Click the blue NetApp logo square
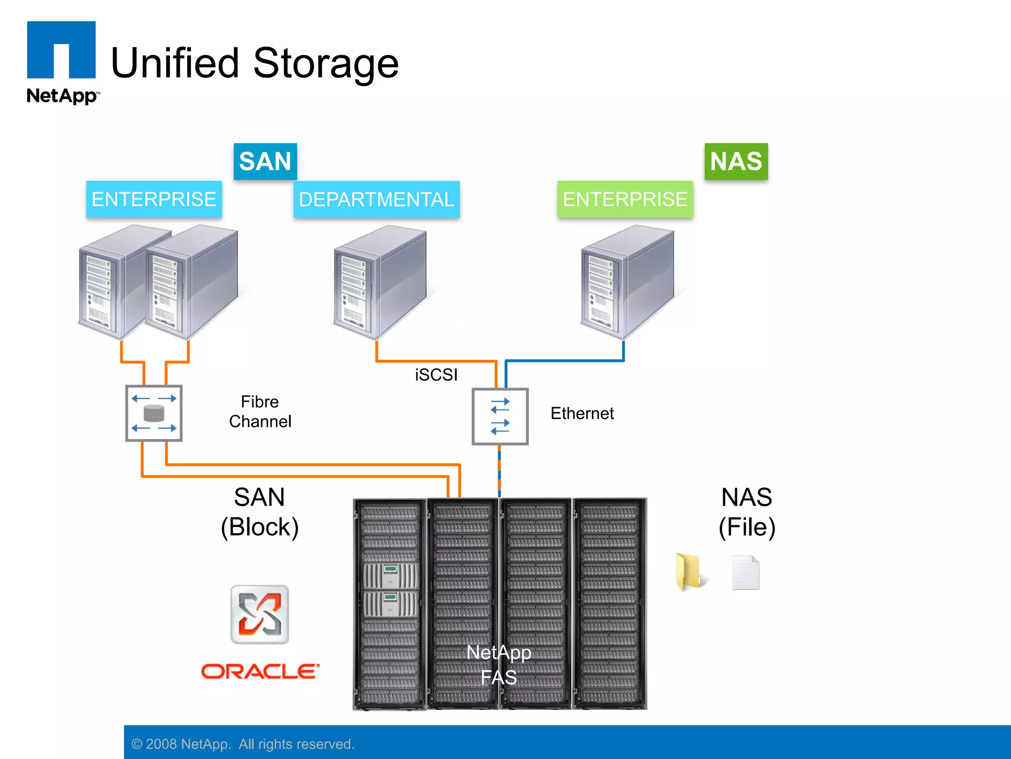[61, 49]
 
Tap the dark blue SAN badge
[265, 162]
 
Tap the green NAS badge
[736, 162]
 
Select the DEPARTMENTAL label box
[376, 200]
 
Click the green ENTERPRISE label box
[625, 200]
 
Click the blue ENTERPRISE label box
[154, 200]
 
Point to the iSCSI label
[436, 375]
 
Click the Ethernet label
[582, 414]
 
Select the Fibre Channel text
[260, 412]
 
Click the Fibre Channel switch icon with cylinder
[154, 414]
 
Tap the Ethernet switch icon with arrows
[500, 417]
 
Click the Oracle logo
[260, 672]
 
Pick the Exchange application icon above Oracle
[260, 615]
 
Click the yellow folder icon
[689, 572]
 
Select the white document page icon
[745, 573]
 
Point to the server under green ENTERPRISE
[627, 282]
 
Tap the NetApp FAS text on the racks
[499, 665]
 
